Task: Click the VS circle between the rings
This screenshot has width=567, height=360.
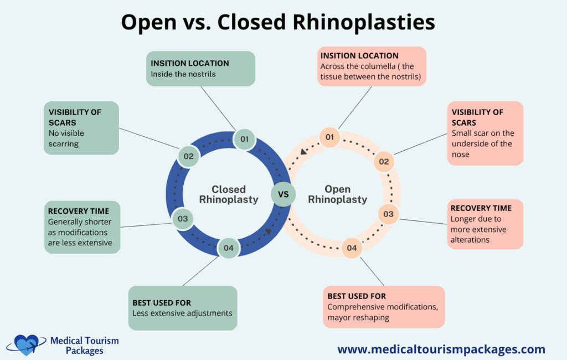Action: (x=283, y=194)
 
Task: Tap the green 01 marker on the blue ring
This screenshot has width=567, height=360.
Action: (x=244, y=138)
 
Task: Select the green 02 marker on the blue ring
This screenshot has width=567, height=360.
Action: (x=189, y=156)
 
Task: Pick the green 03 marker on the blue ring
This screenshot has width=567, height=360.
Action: (x=183, y=219)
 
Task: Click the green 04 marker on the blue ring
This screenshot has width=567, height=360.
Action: (x=229, y=248)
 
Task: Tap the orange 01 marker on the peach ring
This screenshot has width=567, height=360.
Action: (x=329, y=137)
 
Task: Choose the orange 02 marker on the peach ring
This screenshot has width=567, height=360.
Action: (x=383, y=162)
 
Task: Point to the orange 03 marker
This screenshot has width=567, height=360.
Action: (x=388, y=214)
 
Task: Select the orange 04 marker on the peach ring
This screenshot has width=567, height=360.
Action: (x=352, y=248)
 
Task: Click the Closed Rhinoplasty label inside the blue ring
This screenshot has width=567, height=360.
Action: (x=229, y=194)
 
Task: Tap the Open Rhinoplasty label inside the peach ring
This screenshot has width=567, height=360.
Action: (x=337, y=194)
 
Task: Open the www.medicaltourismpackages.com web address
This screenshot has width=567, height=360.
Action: (x=441, y=349)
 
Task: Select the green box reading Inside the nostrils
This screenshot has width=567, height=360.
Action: (x=200, y=69)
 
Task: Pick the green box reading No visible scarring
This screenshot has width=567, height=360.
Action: (x=82, y=128)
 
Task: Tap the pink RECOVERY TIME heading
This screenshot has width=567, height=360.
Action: (x=481, y=208)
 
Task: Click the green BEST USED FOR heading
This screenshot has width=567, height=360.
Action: (x=162, y=303)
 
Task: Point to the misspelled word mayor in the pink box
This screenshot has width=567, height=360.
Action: (x=340, y=318)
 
